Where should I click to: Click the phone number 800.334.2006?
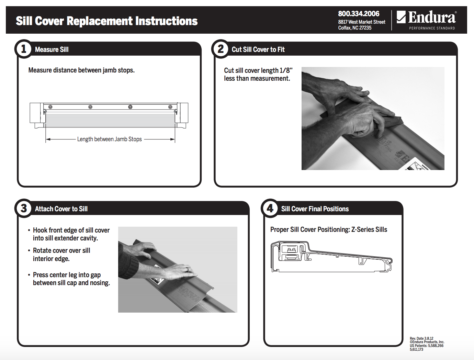(x=359, y=14)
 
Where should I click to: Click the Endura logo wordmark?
(x=431, y=17)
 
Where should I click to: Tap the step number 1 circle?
(x=23, y=49)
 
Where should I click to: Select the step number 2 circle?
(x=221, y=49)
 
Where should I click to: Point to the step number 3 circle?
(x=23, y=209)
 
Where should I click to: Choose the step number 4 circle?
(x=270, y=209)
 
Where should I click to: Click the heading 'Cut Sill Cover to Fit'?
(x=258, y=50)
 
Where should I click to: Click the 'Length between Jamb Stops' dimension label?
(x=109, y=139)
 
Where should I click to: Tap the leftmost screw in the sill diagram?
(x=50, y=107)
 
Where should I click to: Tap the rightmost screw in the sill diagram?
(x=170, y=107)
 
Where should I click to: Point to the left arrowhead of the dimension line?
(x=48, y=139)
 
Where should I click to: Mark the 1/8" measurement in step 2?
(x=286, y=70)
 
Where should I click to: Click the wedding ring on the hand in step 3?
(x=188, y=270)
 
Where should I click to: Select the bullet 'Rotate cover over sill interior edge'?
(x=61, y=255)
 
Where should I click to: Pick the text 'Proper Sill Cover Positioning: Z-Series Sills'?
(x=328, y=229)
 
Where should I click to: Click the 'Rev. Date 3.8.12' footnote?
(x=421, y=338)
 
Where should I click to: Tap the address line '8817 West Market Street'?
(x=362, y=22)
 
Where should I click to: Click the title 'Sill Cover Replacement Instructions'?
(x=106, y=21)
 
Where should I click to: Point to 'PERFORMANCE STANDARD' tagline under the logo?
(x=432, y=28)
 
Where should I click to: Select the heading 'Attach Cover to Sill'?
(x=61, y=209)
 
